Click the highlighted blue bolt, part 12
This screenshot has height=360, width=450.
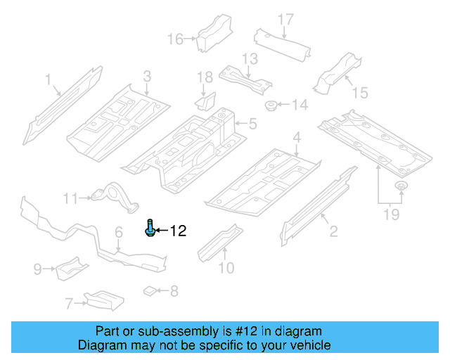150,229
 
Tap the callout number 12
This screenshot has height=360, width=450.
178,231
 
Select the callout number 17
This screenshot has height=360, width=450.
285,20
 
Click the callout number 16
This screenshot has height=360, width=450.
174,39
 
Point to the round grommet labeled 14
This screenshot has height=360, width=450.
270,106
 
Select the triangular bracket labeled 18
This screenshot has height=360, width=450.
205,103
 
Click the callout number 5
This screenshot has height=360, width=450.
252,125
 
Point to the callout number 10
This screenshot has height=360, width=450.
226,267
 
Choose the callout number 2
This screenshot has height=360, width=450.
333,231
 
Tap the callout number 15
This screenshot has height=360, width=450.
359,92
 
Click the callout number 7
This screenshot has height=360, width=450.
69,304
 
